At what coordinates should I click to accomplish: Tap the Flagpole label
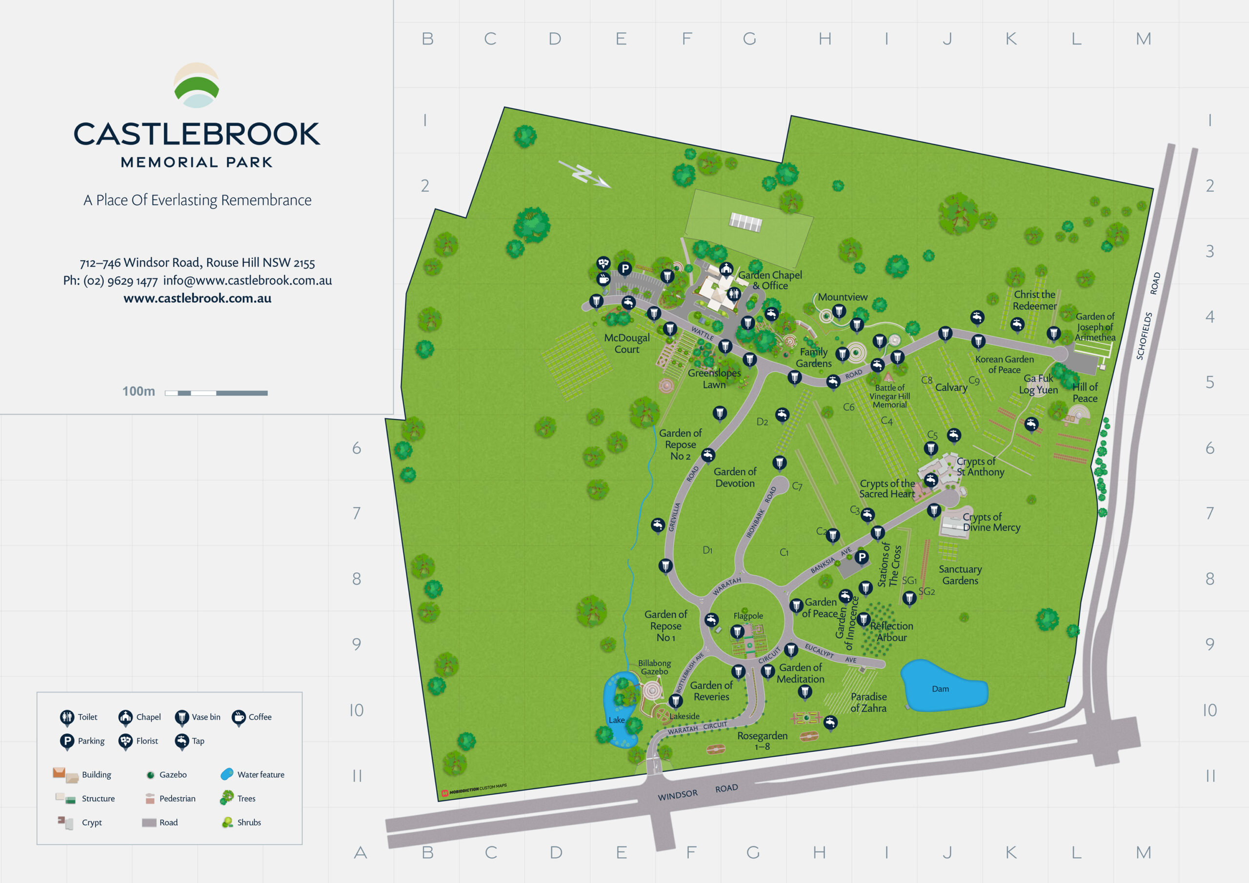pyautogui.click(x=748, y=616)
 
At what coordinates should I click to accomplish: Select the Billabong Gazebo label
pyautogui.click(x=654, y=667)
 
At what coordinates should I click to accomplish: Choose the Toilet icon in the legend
pyautogui.click(x=67, y=717)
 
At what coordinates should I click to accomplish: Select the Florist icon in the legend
pyautogui.click(x=126, y=741)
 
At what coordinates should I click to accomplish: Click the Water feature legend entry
pyautogui.click(x=252, y=774)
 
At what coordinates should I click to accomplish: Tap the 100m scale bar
pyautogui.click(x=216, y=393)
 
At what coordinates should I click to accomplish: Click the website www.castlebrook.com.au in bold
pyautogui.click(x=197, y=298)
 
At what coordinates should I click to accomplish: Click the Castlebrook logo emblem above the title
pyautogui.click(x=197, y=85)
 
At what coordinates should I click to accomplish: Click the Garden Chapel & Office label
pyautogui.click(x=770, y=280)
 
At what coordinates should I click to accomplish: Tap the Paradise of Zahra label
pyautogui.click(x=868, y=702)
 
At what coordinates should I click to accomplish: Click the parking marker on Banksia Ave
pyautogui.click(x=861, y=557)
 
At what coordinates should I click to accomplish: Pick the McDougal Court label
pyautogui.click(x=626, y=343)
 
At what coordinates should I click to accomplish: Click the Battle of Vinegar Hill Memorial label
pyautogui.click(x=889, y=396)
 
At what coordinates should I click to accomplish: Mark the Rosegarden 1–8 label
pyautogui.click(x=762, y=741)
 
